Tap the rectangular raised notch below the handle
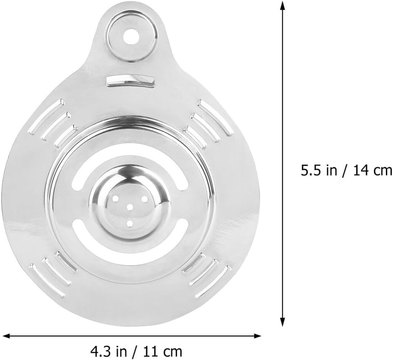point(130,81)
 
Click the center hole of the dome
point(130,207)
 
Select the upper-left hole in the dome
point(116,199)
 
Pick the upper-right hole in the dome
point(145,199)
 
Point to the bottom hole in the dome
point(130,224)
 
